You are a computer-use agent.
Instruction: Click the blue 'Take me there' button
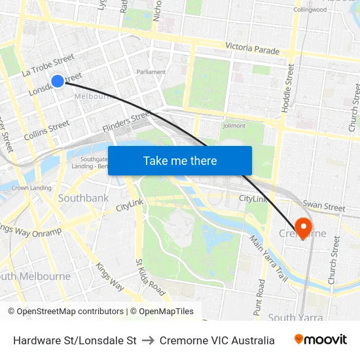pos(180,161)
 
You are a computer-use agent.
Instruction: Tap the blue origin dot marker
pos(58,81)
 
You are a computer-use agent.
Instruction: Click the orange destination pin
pos(303,228)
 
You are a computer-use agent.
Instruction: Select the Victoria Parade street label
pos(252,48)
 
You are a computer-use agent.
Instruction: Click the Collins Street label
pos(46,130)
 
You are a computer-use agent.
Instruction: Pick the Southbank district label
pos(83,197)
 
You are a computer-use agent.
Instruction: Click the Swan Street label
pos(324,207)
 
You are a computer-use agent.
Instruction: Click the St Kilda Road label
pos(150,277)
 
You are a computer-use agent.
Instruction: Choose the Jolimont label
pos(234,126)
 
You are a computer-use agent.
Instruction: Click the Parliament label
pos(151,72)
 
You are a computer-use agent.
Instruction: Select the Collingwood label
pos(310,10)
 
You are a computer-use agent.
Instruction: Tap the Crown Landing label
pos(31,188)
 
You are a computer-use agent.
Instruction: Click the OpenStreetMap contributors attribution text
pos(66,312)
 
